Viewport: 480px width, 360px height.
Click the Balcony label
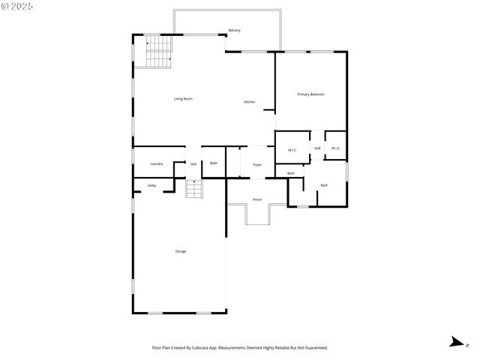234,30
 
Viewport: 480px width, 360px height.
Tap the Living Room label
184,98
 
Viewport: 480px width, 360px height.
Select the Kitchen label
249,102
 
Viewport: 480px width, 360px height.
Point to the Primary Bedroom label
310,94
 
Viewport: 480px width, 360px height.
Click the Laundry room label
156,163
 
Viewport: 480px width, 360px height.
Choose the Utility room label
151,185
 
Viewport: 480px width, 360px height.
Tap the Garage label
181,251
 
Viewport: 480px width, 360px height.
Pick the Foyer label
257,164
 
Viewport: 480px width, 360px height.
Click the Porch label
257,199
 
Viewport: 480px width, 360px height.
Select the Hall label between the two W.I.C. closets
317,148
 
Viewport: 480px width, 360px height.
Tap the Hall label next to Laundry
193,163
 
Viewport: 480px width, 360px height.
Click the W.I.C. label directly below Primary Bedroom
292,149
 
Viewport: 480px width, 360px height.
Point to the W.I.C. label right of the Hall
335,148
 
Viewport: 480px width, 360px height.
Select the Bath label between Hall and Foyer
214,163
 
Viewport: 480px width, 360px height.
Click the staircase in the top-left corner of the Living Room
157,52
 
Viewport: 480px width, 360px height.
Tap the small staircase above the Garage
194,190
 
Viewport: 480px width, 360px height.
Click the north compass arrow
456,343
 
